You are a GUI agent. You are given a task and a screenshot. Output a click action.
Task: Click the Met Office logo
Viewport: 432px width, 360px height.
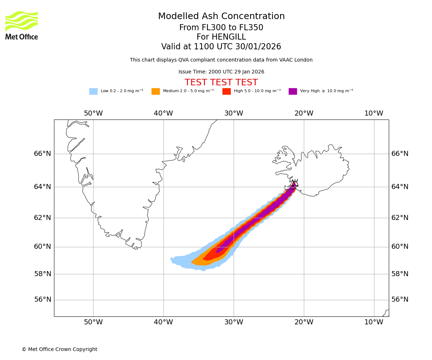pyautogui.click(x=22, y=25)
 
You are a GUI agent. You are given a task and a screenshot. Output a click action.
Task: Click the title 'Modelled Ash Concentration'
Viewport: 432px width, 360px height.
pyautogui.click(x=221, y=17)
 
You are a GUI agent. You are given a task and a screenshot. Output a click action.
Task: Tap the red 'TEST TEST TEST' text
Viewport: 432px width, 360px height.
pyautogui.click(x=221, y=83)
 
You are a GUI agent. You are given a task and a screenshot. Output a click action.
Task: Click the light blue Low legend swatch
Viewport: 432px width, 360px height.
pyautogui.click(x=93, y=91)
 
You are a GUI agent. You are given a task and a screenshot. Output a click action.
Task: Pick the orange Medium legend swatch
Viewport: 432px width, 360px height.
pyautogui.click(x=156, y=91)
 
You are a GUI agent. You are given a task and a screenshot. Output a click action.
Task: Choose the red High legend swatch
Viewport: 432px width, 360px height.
pyautogui.click(x=226, y=91)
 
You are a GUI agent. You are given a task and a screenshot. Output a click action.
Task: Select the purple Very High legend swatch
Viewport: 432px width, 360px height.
pyautogui.click(x=293, y=91)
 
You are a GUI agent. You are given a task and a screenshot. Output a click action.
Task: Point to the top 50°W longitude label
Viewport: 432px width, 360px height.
pyautogui.click(x=93, y=113)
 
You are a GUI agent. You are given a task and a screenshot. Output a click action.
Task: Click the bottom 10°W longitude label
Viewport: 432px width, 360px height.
pyautogui.click(x=374, y=322)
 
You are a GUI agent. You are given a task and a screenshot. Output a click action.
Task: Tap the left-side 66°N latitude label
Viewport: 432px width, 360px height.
pyautogui.click(x=42, y=154)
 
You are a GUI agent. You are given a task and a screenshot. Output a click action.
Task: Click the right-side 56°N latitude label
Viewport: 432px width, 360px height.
pyautogui.click(x=400, y=300)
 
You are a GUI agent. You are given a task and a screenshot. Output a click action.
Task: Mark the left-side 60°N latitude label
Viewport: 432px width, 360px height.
pyautogui.click(x=42, y=247)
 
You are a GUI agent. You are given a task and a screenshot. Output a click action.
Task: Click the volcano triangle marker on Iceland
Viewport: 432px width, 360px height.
pyautogui.click(x=295, y=183)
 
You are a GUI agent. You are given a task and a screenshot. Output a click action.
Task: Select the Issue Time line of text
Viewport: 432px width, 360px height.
pyautogui.click(x=221, y=72)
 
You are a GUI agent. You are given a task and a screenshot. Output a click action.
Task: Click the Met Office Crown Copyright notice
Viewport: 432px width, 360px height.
pyautogui.click(x=59, y=350)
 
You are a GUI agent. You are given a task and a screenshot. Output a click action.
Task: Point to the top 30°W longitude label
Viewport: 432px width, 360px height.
pyautogui.click(x=234, y=113)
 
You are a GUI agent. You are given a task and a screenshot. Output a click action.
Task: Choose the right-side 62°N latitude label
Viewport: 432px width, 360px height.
pyautogui.click(x=400, y=217)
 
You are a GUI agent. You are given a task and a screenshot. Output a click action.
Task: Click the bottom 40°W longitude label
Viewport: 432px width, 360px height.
pyautogui.click(x=163, y=322)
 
